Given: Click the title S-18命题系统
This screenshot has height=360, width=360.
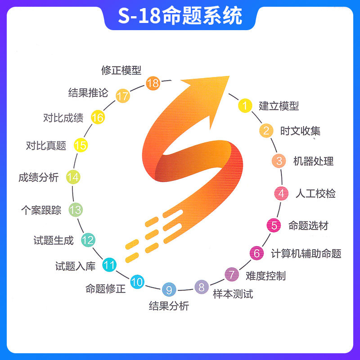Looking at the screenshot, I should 180,16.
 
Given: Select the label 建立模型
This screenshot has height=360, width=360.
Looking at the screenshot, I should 279,106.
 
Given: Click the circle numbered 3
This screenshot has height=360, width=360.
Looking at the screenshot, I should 279,161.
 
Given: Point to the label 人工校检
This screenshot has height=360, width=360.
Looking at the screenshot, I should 315,193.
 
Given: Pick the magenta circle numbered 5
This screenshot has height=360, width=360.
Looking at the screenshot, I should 274,225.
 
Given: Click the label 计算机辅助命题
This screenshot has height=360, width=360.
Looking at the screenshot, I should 306,253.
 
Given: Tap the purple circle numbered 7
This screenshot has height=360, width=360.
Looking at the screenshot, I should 231,274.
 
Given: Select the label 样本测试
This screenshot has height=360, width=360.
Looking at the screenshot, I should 233,294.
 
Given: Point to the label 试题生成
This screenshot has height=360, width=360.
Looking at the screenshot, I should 54,240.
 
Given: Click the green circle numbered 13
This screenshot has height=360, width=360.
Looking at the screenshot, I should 75,209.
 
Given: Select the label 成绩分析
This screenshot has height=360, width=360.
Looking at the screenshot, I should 38,177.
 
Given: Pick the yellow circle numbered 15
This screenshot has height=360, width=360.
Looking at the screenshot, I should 81,145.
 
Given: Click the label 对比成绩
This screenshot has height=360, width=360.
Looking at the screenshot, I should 63,118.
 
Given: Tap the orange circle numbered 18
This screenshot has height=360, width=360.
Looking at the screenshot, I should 153,83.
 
